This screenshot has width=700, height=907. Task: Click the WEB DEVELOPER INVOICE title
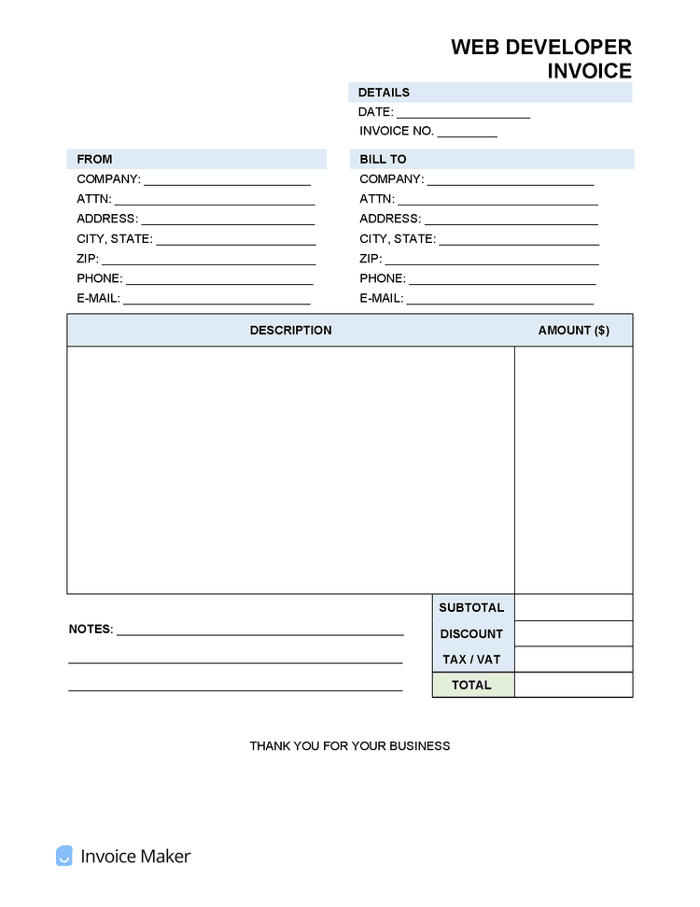(541, 58)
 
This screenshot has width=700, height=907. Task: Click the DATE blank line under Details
(463, 112)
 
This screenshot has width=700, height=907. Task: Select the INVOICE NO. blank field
(467, 132)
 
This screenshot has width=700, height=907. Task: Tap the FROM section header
(94, 160)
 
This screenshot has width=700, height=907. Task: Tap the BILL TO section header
(384, 160)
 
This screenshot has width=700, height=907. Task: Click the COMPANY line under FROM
(227, 179)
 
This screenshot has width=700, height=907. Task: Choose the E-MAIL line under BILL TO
(500, 299)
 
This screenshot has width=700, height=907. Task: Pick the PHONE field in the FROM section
(219, 278)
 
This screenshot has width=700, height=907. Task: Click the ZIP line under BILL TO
(491, 259)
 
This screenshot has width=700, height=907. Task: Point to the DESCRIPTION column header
(290, 331)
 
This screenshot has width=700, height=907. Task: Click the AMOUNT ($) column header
(573, 331)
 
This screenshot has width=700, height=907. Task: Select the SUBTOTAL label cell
(472, 608)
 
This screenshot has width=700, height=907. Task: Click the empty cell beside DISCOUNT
(573, 634)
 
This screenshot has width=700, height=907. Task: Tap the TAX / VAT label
(472, 659)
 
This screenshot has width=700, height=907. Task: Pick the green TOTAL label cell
(472, 686)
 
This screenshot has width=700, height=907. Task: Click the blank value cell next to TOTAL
(573, 686)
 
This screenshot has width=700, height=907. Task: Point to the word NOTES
(91, 630)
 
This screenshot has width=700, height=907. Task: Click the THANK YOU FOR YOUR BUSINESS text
(350, 746)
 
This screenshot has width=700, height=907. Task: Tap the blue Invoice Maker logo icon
(64, 856)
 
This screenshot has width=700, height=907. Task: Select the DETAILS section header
(384, 92)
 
